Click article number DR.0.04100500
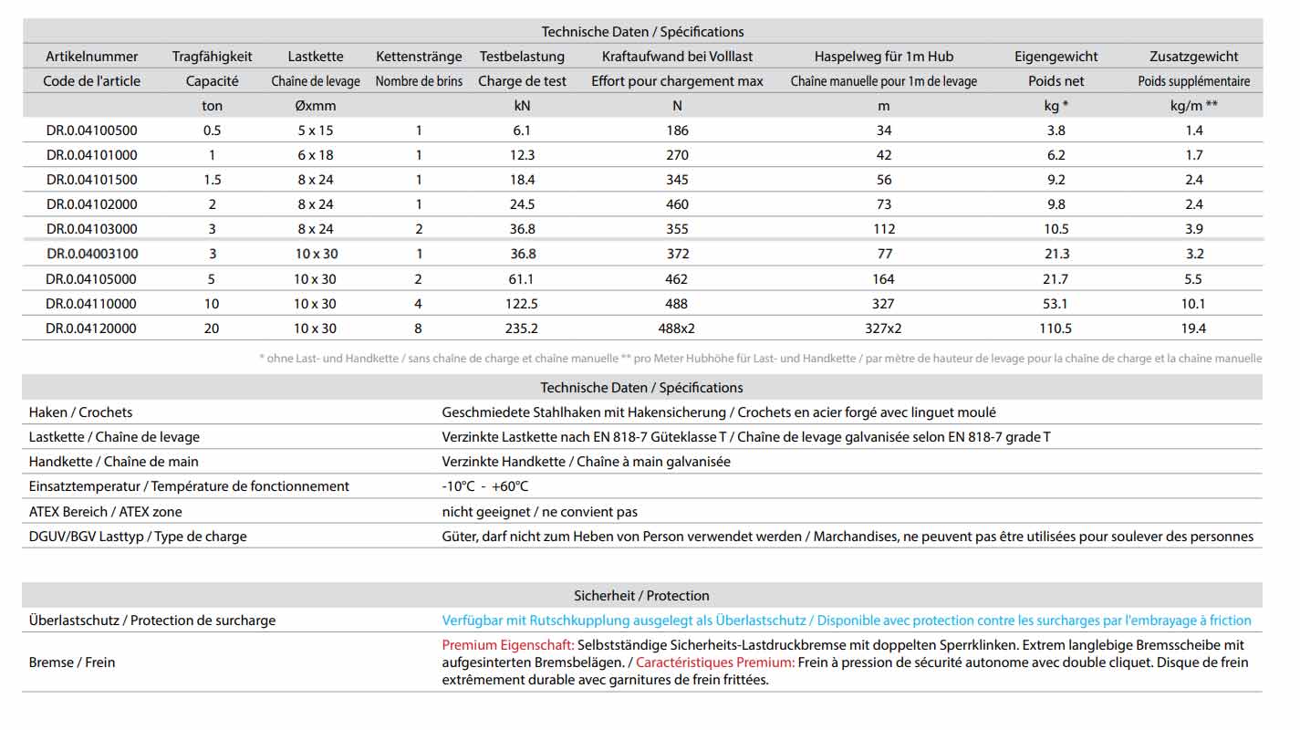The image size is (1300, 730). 91,130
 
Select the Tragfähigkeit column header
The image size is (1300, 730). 212,57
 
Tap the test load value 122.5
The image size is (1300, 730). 522,304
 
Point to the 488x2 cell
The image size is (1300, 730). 677,328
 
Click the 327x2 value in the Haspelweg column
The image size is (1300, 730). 883,328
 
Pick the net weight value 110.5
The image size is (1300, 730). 1056,328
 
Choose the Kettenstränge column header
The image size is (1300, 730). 419,57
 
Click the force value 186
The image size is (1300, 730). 677,130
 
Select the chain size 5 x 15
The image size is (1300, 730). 315,130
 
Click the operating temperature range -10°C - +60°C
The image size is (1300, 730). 484,486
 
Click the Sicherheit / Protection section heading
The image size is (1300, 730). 641,596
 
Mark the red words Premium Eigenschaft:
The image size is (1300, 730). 508,645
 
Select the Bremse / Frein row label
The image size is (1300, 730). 72,662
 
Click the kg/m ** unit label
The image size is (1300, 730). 1193,106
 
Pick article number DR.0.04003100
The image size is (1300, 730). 91,254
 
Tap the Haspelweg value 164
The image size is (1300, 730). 883,279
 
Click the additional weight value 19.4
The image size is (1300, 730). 1193,328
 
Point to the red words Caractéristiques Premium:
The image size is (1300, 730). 715,662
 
